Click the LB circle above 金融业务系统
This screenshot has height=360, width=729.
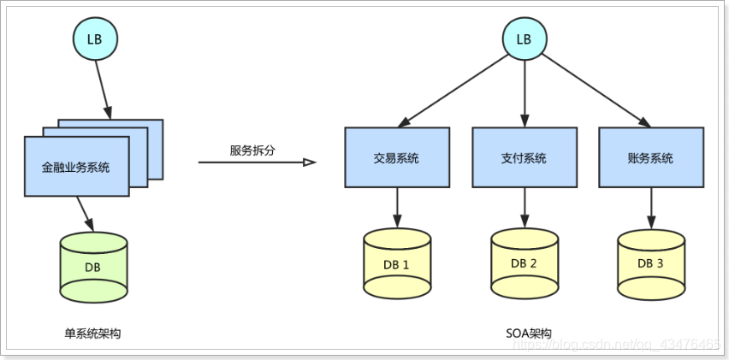[95, 39]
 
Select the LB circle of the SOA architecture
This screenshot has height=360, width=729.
[524, 39]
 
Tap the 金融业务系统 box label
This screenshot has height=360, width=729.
[76, 168]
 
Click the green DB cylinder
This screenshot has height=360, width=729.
[93, 268]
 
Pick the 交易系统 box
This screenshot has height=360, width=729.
[397, 157]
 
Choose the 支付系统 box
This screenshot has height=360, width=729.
[525, 157]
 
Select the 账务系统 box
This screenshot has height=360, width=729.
[651, 157]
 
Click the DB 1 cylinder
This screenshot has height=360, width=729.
[397, 263]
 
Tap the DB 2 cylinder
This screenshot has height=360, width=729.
[525, 263]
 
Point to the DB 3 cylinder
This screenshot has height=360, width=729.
[651, 263]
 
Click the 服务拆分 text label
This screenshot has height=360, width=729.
[252, 150]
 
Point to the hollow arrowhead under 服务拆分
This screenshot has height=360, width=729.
[310, 162]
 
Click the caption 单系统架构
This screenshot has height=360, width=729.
[92, 333]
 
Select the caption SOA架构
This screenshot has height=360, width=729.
[529, 333]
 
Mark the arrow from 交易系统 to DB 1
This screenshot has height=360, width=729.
[397, 208]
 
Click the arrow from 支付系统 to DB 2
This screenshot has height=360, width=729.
[525, 208]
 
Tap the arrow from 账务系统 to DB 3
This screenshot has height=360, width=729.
[651, 208]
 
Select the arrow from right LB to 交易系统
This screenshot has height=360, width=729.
[453, 91]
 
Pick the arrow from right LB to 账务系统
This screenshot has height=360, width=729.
[596, 91]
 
